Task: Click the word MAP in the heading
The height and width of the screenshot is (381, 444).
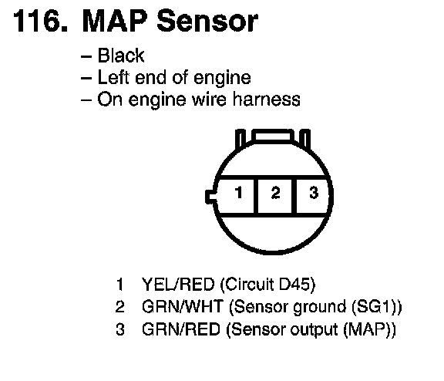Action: point(116,22)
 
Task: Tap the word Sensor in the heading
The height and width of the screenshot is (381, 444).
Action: point(207,22)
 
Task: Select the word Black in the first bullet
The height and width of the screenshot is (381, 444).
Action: point(121,56)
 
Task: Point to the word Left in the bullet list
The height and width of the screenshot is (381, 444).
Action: point(114,77)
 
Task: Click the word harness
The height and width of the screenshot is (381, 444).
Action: point(267,99)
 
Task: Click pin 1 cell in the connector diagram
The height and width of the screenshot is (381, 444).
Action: point(236,196)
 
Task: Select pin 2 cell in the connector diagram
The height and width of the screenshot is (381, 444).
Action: point(275,196)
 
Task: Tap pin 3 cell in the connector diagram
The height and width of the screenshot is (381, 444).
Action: point(312,196)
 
